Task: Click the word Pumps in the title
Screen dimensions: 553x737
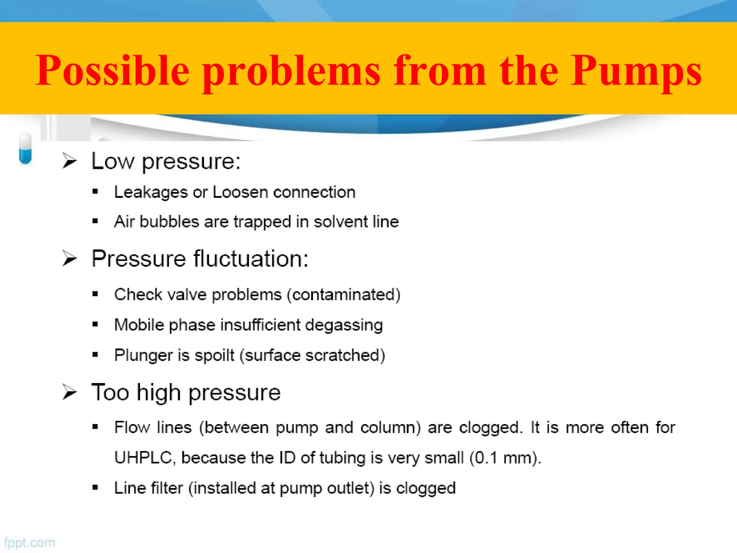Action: [x=636, y=71]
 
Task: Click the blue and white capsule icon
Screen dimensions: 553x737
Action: [x=25, y=149]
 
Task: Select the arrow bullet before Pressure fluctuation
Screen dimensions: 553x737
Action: [x=69, y=258]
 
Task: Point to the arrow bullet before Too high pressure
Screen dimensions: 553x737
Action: [x=69, y=392]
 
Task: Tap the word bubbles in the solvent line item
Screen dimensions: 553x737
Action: [x=169, y=221]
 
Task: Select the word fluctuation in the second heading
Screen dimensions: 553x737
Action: [x=251, y=258]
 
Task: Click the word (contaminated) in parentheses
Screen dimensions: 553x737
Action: [x=344, y=295]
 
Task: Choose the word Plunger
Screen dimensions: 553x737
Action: [x=143, y=355]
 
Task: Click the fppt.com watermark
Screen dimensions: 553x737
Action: [x=30, y=543]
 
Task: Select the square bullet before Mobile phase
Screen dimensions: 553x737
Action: [x=95, y=324]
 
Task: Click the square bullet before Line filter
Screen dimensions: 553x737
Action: [x=95, y=488]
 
